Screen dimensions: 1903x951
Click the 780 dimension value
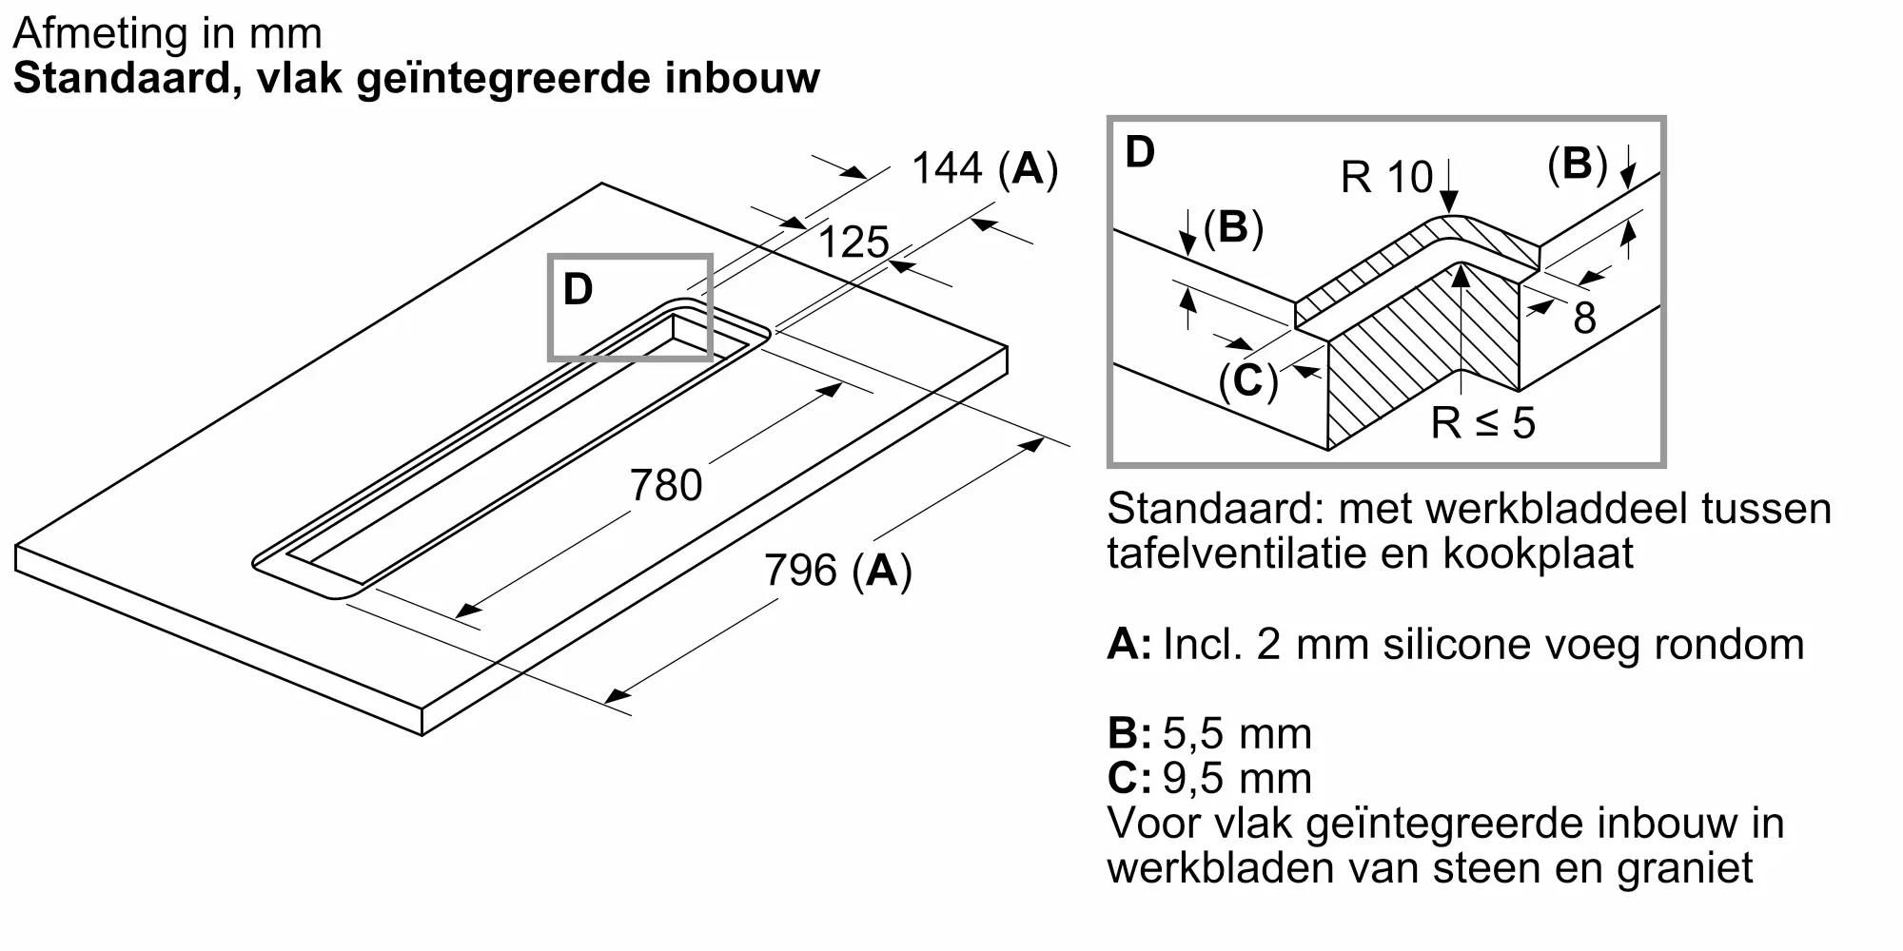[666, 486]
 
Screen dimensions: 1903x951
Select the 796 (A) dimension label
[838, 571]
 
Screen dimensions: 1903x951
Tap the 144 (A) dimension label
[985, 169]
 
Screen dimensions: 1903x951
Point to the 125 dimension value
[853, 243]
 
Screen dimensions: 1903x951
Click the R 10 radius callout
[1386, 178]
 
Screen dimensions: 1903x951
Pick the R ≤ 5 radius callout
[1483, 423]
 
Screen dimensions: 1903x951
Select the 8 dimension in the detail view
[1584, 318]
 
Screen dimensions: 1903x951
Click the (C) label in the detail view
[1248, 381]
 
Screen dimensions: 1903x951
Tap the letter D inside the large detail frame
[1140, 152]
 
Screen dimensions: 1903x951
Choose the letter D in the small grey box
[579, 289]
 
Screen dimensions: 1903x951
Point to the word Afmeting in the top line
[93, 35]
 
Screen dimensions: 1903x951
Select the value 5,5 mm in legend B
[1237, 734]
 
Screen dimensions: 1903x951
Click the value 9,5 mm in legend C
[1237, 779]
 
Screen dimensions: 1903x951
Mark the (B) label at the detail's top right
[1578, 164]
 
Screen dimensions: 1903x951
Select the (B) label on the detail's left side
[1233, 228]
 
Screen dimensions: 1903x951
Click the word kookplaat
[1538, 553]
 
